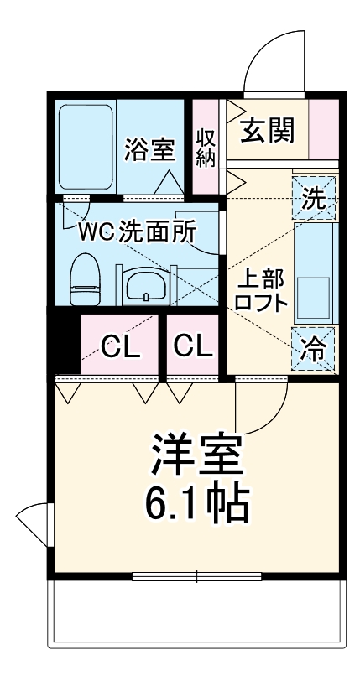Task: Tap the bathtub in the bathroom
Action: click(85, 148)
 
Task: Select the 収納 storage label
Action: click(206, 148)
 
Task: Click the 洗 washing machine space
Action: click(314, 199)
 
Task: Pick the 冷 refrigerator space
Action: click(314, 349)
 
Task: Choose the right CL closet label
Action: click(192, 346)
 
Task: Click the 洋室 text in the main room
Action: click(197, 457)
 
